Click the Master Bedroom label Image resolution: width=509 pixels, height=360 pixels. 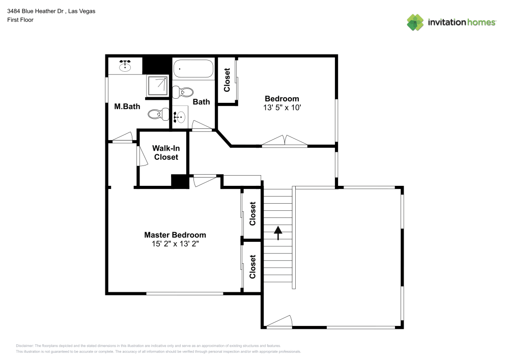coord(175,235)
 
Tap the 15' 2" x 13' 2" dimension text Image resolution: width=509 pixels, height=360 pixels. coord(175,243)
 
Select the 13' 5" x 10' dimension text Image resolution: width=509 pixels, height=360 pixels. coord(281,107)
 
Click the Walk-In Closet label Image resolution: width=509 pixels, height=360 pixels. coord(166,153)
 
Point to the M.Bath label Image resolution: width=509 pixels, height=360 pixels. coord(127,106)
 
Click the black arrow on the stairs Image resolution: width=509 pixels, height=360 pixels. coord(278,233)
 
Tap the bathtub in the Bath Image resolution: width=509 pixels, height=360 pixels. coord(193,69)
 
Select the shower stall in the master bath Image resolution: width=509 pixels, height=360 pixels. coord(157,85)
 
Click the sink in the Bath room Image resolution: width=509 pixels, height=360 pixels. coord(179,118)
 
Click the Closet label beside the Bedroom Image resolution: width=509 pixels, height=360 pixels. coord(227,80)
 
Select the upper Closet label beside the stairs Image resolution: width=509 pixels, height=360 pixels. coord(252,214)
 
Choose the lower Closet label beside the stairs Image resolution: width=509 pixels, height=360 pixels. coord(252,267)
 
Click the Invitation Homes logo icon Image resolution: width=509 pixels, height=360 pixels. coord(415,22)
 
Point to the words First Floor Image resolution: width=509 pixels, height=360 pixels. coord(20,20)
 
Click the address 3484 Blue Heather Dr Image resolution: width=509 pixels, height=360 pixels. coord(36,11)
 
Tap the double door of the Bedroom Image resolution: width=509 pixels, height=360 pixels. coord(285,141)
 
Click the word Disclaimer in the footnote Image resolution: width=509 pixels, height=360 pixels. coord(24,345)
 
